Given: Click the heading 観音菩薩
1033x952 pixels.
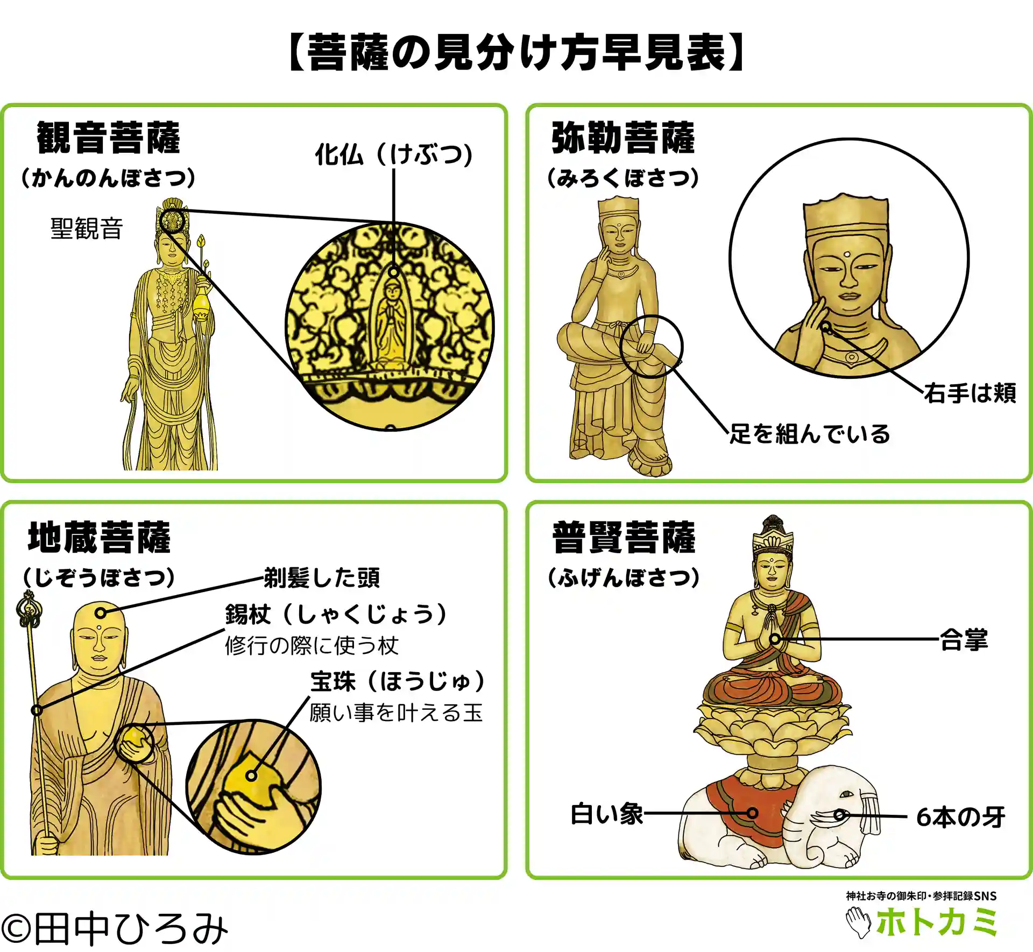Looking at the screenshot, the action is click(108, 138).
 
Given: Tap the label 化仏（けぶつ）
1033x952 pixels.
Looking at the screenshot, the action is click(394, 154).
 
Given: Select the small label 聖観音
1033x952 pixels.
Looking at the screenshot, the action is click(87, 228).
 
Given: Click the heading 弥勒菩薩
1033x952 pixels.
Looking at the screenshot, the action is click(623, 138).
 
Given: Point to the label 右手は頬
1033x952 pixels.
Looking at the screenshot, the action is click(970, 393).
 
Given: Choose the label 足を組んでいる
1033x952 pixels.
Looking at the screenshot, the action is click(810, 434).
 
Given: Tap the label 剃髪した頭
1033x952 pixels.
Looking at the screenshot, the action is click(322, 577).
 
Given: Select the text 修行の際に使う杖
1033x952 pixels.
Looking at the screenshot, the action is click(312, 646).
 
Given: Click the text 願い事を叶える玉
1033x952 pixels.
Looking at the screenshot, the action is click(396, 713).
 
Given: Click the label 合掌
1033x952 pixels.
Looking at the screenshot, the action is click(964, 640).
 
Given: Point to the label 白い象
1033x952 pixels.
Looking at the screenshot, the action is click(607, 814).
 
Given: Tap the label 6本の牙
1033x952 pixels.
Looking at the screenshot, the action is click(961, 817).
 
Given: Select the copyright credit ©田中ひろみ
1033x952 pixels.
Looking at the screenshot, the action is click(115, 928).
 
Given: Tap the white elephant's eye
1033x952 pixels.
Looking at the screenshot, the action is click(846, 795).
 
